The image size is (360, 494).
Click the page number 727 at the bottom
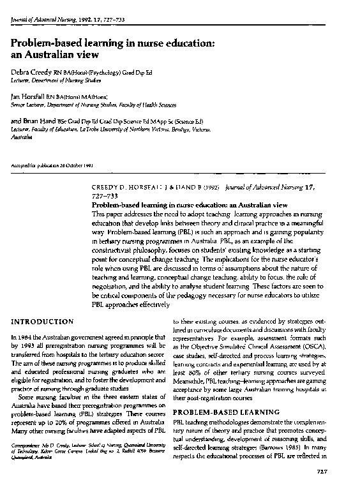click(340, 471)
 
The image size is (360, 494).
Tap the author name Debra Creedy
click(31, 74)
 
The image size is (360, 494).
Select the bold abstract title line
click(179, 206)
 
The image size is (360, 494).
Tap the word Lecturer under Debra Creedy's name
click(23, 82)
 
